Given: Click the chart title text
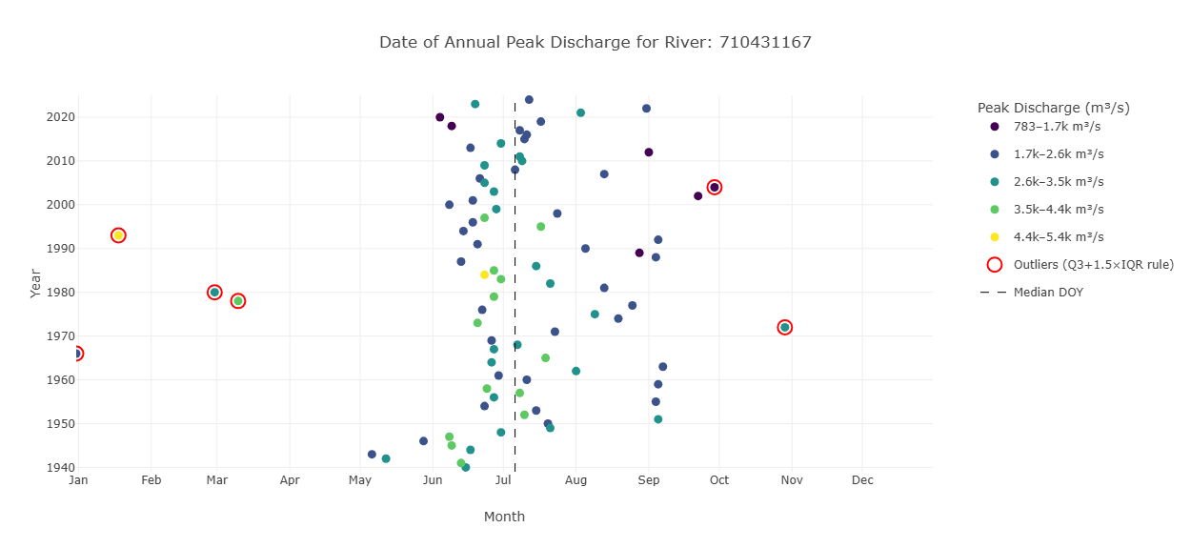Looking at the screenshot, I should (x=595, y=43).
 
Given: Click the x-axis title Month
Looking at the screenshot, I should (x=504, y=518).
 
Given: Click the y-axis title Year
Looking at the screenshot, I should (x=35, y=283).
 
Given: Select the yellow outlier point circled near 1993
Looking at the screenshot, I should (x=118, y=235).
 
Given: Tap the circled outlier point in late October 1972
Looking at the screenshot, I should (x=785, y=328).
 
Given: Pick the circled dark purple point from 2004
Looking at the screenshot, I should (x=715, y=188).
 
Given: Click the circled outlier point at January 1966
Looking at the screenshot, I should (x=77, y=354).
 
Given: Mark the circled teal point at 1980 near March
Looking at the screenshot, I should (x=214, y=293).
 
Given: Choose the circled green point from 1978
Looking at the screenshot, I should (x=238, y=301).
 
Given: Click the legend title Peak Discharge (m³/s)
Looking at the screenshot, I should (x=1053, y=109).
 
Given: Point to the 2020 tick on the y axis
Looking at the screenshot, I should (x=59, y=117).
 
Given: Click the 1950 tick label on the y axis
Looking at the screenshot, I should (x=59, y=424).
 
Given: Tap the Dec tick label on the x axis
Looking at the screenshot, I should (x=862, y=481).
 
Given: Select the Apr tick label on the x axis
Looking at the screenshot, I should (x=290, y=481).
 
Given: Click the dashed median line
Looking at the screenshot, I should (x=515, y=286).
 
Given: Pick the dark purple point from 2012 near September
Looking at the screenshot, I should (x=649, y=152).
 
